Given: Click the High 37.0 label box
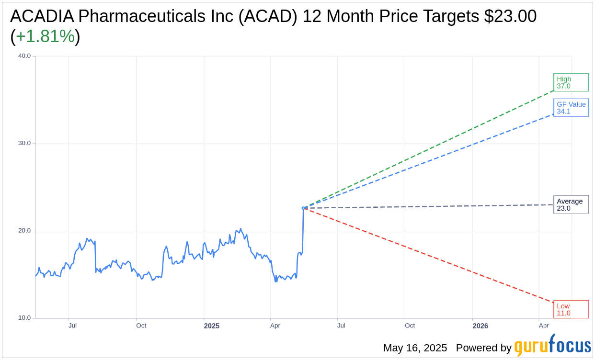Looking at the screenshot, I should click(x=571, y=82).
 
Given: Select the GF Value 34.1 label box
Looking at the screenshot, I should click(x=571, y=108).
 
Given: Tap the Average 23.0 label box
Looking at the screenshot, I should click(x=571, y=205).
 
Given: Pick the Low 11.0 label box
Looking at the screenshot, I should click(x=571, y=309).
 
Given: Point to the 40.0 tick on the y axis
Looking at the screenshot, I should click(x=24, y=56).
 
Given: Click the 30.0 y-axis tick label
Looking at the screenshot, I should click(x=24, y=143).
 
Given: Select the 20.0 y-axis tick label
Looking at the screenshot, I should click(x=24, y=230).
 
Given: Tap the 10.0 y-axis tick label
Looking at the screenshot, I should click(x=24, y=318).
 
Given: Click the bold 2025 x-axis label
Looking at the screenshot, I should click(x=211, y=326).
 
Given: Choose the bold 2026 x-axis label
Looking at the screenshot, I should click(x=480, y=326).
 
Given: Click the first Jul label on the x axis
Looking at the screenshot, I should click(x=72, y=326).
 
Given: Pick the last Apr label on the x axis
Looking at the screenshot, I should click(x=544, y=326).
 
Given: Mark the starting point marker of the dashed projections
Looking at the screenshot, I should click(x=303, y=208).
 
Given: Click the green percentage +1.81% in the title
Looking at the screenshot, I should click(x=45, y=36).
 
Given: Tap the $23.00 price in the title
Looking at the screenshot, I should click(x=510, y=16).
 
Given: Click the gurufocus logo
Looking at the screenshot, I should click(x=552, y=346).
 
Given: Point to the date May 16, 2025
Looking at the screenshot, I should click(x=415, y=348).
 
